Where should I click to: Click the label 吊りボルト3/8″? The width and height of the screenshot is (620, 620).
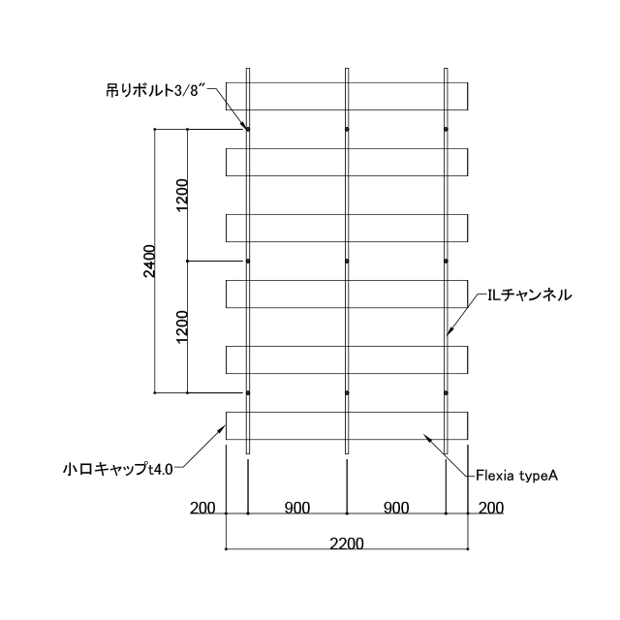tap(157, 91)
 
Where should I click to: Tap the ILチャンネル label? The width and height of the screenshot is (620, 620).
tap(530, 294)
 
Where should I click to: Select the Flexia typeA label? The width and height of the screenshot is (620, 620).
tap(516, 476)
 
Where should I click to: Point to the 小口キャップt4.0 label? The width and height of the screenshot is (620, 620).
tap(118, 469)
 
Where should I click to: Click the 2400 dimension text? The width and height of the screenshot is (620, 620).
tap(149, 261)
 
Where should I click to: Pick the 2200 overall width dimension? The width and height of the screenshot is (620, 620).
tap(347, 543)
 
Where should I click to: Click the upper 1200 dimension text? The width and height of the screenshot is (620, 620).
tap(182, 196)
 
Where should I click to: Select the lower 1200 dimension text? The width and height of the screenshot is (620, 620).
tap(182, 327)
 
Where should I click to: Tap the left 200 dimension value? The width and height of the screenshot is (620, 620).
tap(202, 508)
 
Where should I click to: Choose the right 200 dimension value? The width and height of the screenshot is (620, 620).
tap(491, 508)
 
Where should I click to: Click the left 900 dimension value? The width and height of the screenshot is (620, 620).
tap(297, 508)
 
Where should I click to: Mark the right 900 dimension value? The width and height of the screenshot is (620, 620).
tap(396, 508)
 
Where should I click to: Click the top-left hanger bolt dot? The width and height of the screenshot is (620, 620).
tap(248, 129)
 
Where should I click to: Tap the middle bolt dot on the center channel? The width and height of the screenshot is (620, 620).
tap(347, 261)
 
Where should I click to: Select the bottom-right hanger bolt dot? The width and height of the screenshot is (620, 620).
tap(446, 393)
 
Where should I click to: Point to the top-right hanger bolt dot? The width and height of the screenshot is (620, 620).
tap(446, 129)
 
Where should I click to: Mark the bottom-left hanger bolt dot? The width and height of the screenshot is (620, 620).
tap(248, 393)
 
